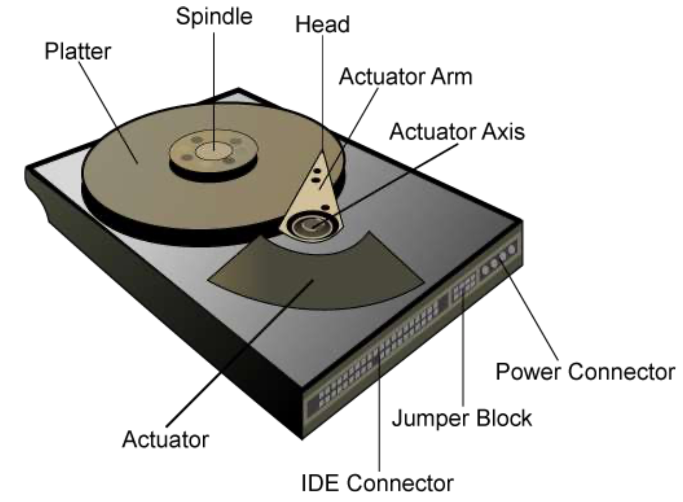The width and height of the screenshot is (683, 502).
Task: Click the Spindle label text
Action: coord(214,17)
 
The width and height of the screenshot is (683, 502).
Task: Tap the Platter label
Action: coord(77,51)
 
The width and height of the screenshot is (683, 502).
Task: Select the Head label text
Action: coord(322,25)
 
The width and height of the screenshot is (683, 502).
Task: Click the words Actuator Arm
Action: coord(406,77)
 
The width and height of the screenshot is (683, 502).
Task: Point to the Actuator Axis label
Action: coord(457,132)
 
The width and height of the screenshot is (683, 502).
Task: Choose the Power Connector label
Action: coord(585,372)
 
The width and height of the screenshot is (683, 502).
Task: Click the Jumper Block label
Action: coord(462,418)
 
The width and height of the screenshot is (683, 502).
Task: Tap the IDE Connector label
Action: coord(377,483)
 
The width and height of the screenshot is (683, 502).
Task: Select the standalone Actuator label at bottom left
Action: coord(165,440)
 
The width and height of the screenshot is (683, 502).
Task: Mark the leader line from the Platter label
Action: coord(107,111)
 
